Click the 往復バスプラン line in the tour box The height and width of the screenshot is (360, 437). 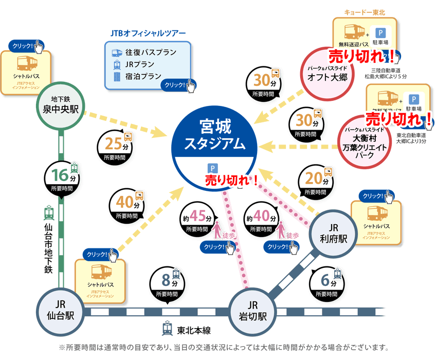[150, 52]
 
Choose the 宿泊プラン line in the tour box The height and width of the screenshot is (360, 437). [143, 76]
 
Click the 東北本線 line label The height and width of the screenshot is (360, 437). [193, 330]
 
